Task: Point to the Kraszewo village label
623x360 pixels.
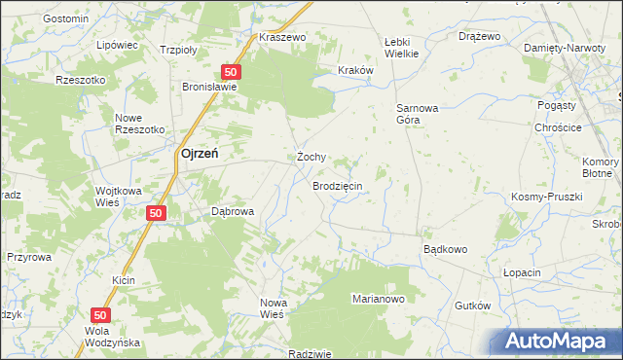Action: tap(283, 37)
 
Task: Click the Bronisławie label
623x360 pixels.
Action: tap(211, 86)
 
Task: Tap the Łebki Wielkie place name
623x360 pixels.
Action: tap(401, 48)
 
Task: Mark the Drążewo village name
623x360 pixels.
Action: tap(479, 36)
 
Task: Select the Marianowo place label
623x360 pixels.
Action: tap(378, 299)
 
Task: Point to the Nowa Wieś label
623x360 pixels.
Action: tap(272, 308)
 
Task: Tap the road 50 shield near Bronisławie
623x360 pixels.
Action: tap(231, 72)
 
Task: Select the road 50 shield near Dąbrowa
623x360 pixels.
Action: tap(155, 212)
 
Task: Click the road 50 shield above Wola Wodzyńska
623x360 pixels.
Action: tap(100, 315)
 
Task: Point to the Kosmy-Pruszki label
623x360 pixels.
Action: tap(546, 197)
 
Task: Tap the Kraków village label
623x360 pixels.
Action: tap(355, 70)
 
